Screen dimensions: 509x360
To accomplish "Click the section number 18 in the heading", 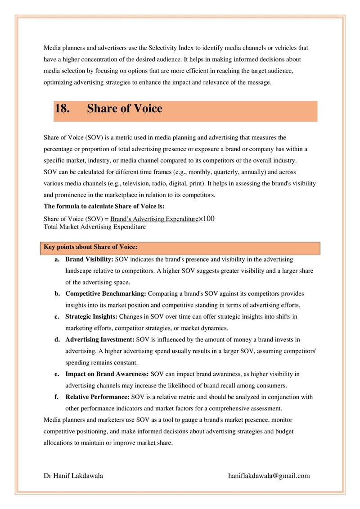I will tap(62, 109).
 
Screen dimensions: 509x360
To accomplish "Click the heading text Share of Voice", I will tap(125, 109).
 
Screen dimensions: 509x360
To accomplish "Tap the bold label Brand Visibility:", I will tap(90, 259).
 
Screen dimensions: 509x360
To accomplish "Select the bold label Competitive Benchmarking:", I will tap(106, 293).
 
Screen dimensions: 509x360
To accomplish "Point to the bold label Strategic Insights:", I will tap(91, 316).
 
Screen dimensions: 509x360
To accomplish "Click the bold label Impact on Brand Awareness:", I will tap(107, 374).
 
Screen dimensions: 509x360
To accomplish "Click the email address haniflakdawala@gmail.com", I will tap(269, 476).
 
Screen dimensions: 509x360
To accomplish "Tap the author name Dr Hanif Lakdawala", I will tap(73, 476).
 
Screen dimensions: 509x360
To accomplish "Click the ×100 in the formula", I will tap(207, 219).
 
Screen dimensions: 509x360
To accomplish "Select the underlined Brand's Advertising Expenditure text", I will tap(154, 219).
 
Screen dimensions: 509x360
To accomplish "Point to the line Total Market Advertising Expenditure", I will tap(94, 227).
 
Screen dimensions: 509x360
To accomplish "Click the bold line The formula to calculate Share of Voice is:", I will tap(104, 207).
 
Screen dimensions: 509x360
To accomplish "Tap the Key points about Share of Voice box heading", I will tap(90, 247).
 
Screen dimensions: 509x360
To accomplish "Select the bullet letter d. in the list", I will tap(58, 339).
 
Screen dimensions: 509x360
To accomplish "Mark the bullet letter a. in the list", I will tap(57, 259).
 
